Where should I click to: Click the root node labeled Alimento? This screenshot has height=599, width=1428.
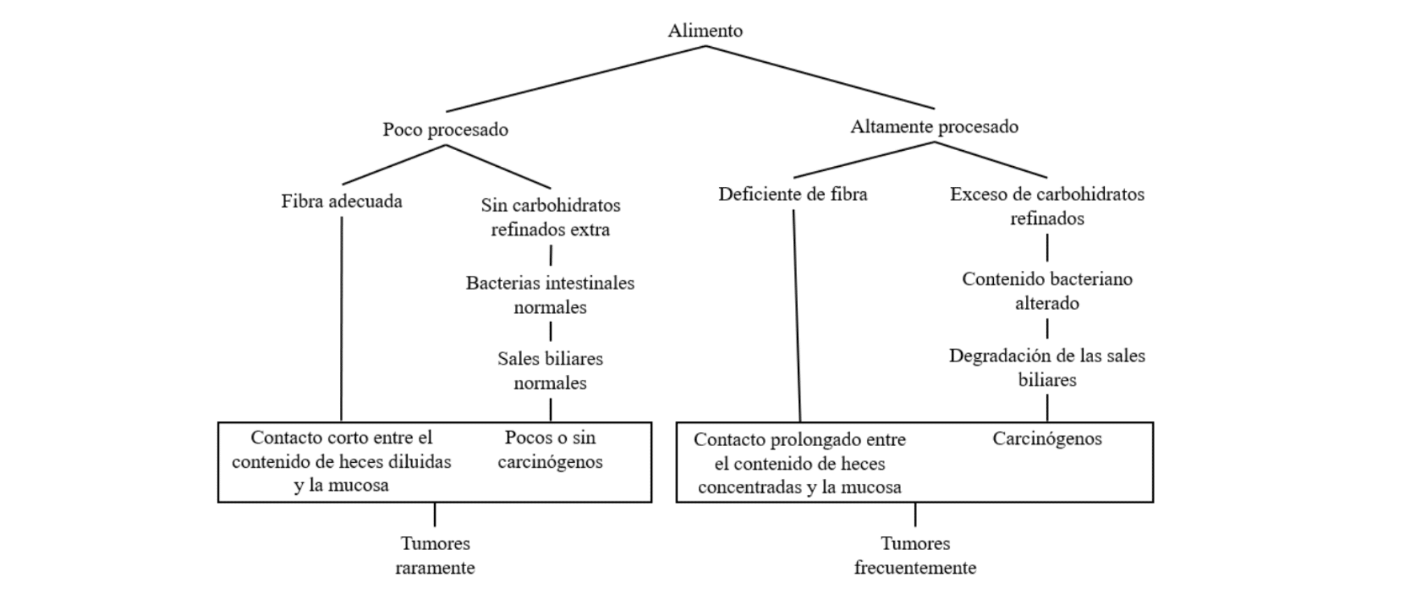tap(705, 31)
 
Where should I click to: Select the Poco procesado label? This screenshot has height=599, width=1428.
tap(445, 130)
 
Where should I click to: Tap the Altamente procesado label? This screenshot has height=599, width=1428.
tap(934, 127)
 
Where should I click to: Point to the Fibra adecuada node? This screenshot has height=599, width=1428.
tap(342, 202)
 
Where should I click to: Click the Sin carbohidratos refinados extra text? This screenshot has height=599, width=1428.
tap(551, 217)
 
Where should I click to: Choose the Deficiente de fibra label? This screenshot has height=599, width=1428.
tap(793, 194)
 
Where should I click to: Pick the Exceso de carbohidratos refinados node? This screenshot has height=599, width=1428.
tap(1047, 206)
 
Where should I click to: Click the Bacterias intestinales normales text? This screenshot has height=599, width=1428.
tap(551, 295)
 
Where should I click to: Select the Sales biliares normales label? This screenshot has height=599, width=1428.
tap(551, 371)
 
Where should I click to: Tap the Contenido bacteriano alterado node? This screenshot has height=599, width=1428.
tap(1047, 290)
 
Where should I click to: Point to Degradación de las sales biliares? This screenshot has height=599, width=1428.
tap(1047, 368)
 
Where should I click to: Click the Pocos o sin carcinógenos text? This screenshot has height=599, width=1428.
tap(551, 450)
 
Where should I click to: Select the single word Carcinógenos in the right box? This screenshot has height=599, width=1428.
tap(1047, 439)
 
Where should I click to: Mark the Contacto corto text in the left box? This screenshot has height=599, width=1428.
tap(341, 461)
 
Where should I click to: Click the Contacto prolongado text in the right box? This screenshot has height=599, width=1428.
tap(800, 464)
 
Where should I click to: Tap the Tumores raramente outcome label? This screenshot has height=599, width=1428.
tap(435, 556)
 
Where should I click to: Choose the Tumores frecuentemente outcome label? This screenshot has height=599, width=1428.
tap(915, 556)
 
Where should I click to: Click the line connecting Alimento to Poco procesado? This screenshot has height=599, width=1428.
tap(576, 79)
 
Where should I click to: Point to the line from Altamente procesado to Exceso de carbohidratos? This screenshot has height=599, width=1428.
tap(991, 160)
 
